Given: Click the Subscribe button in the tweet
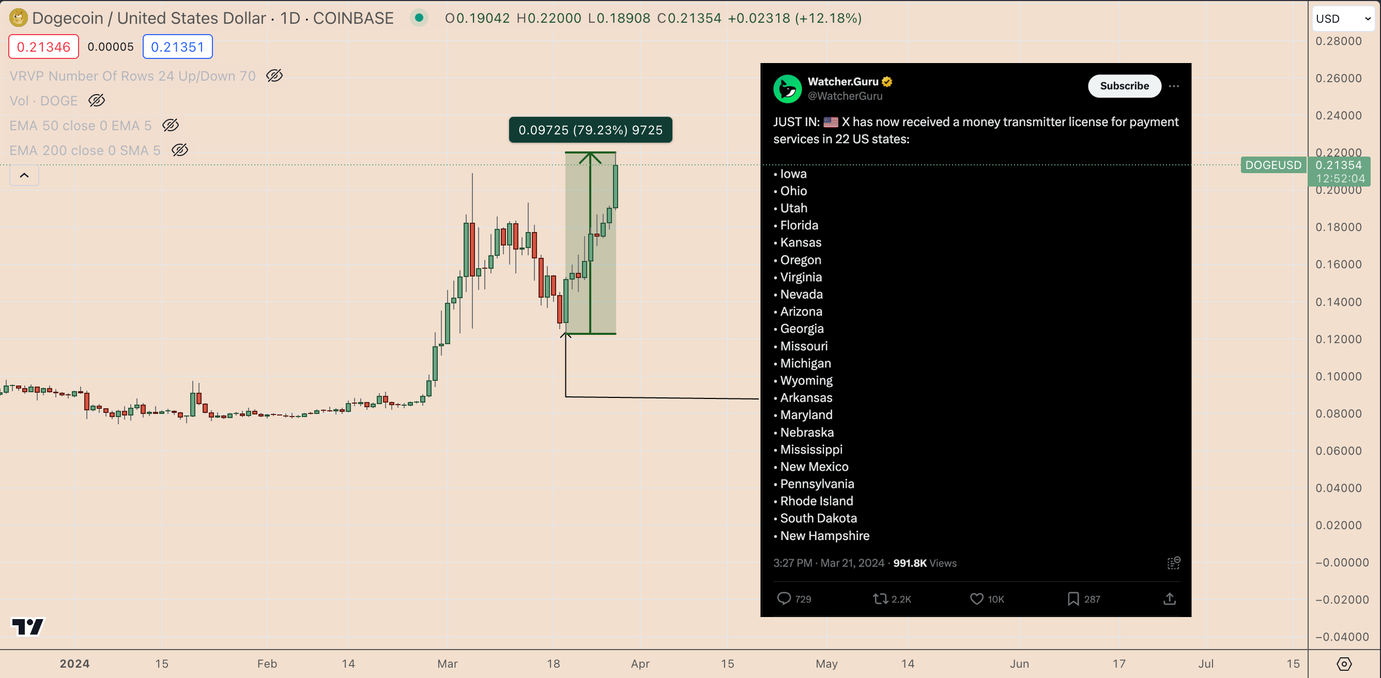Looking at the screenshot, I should [x=1124, y=86].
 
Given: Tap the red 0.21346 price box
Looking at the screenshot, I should [x=43, y=47].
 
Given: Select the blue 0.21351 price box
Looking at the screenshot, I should [x=177, y=47].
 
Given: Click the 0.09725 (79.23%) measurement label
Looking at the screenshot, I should [x=590, y=130].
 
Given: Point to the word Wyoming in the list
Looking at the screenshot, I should [x=806, y=380].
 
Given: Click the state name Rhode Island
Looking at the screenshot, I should [x=816, y=501].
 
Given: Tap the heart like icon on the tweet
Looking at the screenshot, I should [x=976, y=599].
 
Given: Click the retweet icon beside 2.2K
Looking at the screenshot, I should [x=880, y=599].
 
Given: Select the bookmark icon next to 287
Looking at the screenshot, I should [x=1073, y=599].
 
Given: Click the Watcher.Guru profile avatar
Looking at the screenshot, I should [x=787, y=88].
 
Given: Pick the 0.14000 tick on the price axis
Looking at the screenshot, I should [x=1338, y=302].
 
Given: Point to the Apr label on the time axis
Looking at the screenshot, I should [x=640, y=664].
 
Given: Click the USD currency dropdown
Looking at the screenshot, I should [x=1342, y=19].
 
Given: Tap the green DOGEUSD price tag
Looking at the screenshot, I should [x=1272, y=165].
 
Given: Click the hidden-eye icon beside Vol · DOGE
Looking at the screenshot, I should [x=97, y=100].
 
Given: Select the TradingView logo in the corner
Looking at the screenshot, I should [x=28, y=626].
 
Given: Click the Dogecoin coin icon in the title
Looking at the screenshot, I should [x=18, y=18].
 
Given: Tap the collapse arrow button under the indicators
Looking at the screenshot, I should [x=24, y=175].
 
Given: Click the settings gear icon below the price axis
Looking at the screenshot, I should [x=1343, y=664].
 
